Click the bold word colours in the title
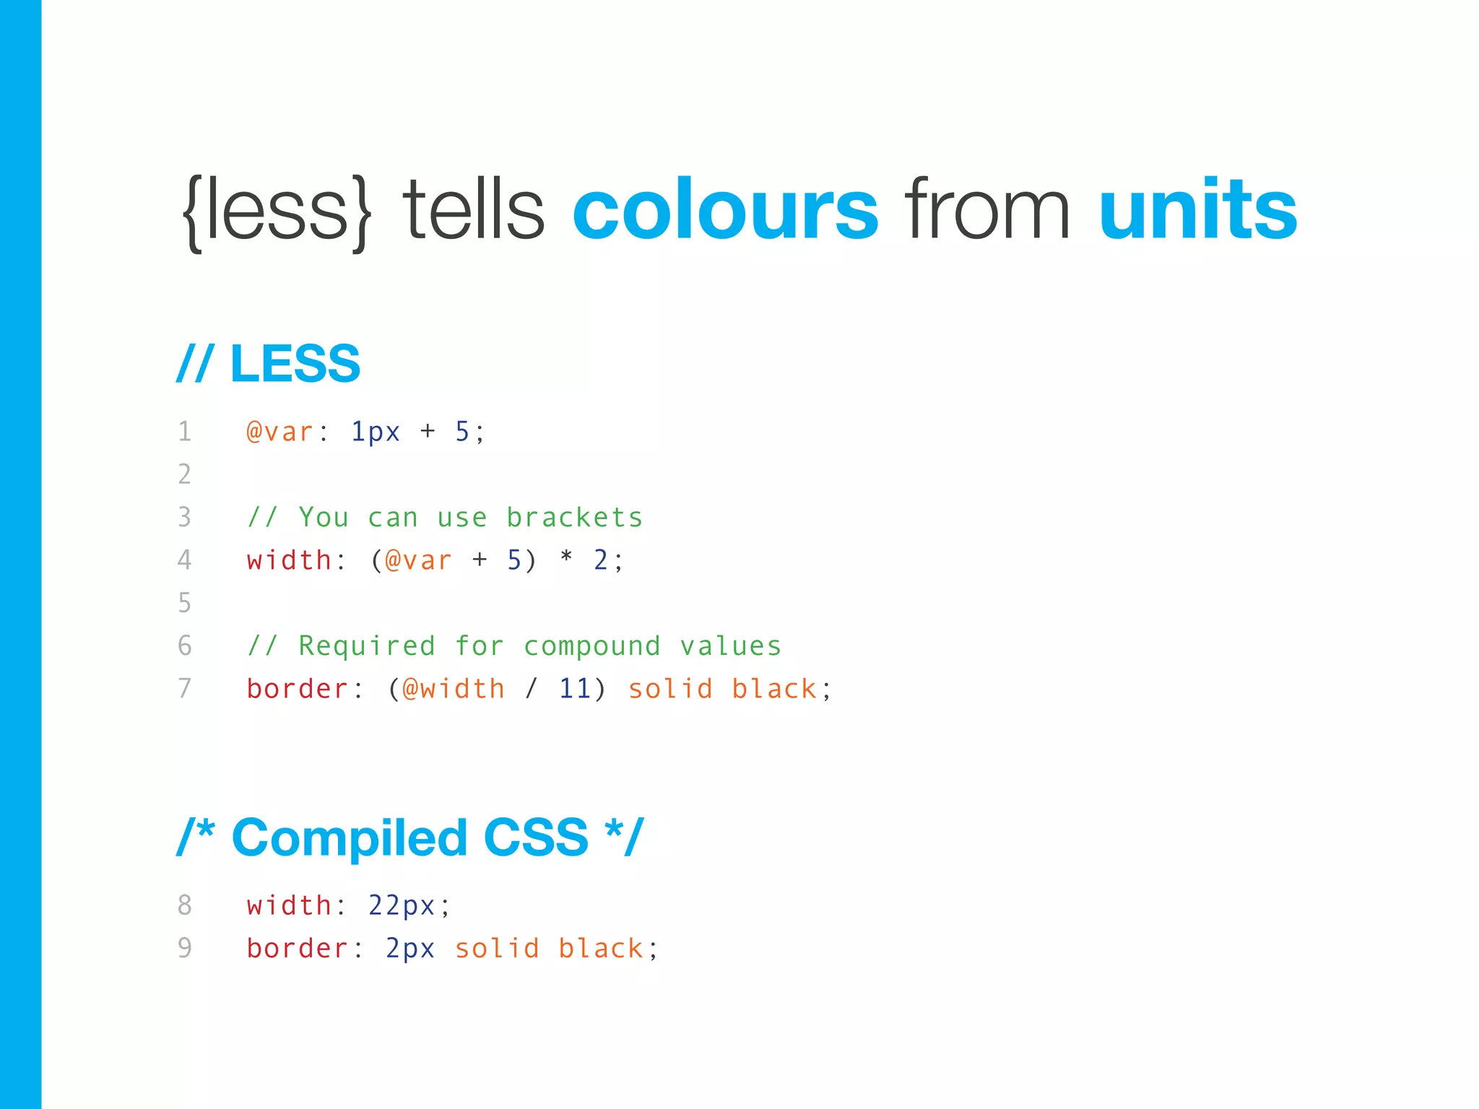(725, 210)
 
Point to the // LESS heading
(269, 363)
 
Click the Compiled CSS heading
(409, 838)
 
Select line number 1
(185, 432)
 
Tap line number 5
(185, 603)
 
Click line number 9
(185, 948)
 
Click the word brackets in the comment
(574, 518)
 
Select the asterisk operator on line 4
(566, 558)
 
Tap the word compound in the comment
(592, 646)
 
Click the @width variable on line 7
(454, 689)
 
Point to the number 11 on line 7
(575, 689)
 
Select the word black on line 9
(601, 948)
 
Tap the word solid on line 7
(670, 689)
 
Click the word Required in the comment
(367, 646)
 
